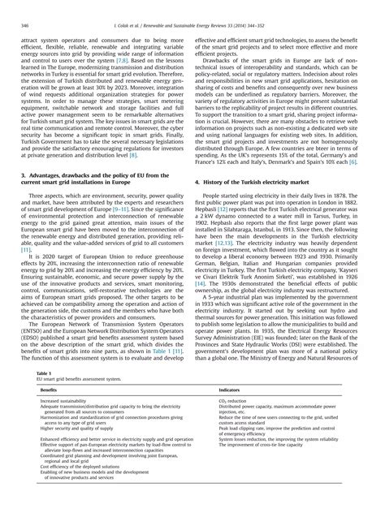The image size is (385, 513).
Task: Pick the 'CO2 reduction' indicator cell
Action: [x=235, y=402]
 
